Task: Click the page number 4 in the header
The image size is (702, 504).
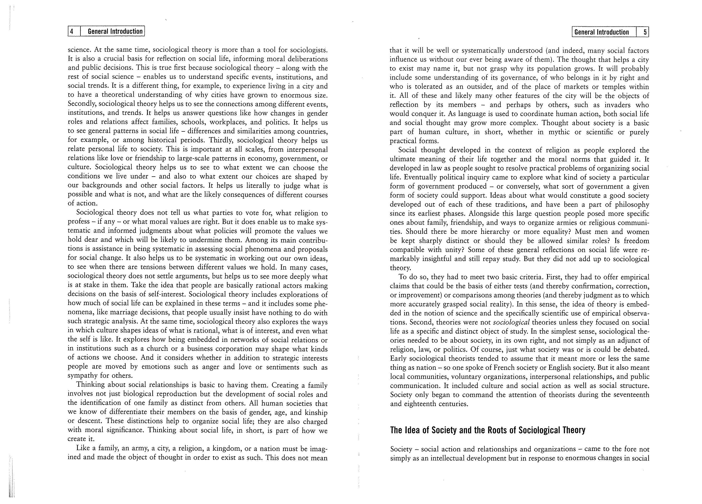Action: (72, 31)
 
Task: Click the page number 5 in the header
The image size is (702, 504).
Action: (645, 32)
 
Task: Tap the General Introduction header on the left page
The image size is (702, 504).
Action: (115, 31)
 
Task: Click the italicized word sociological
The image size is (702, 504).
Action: (511, 322)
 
